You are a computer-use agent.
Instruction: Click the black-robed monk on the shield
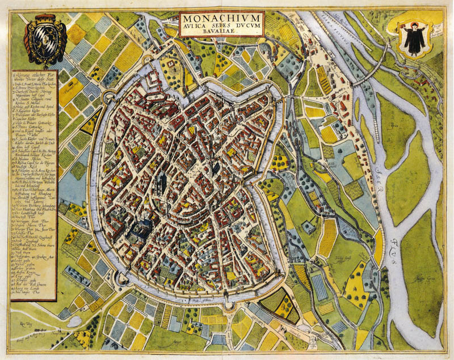coord(415,40)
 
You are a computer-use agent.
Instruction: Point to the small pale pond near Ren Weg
coord(74,321)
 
